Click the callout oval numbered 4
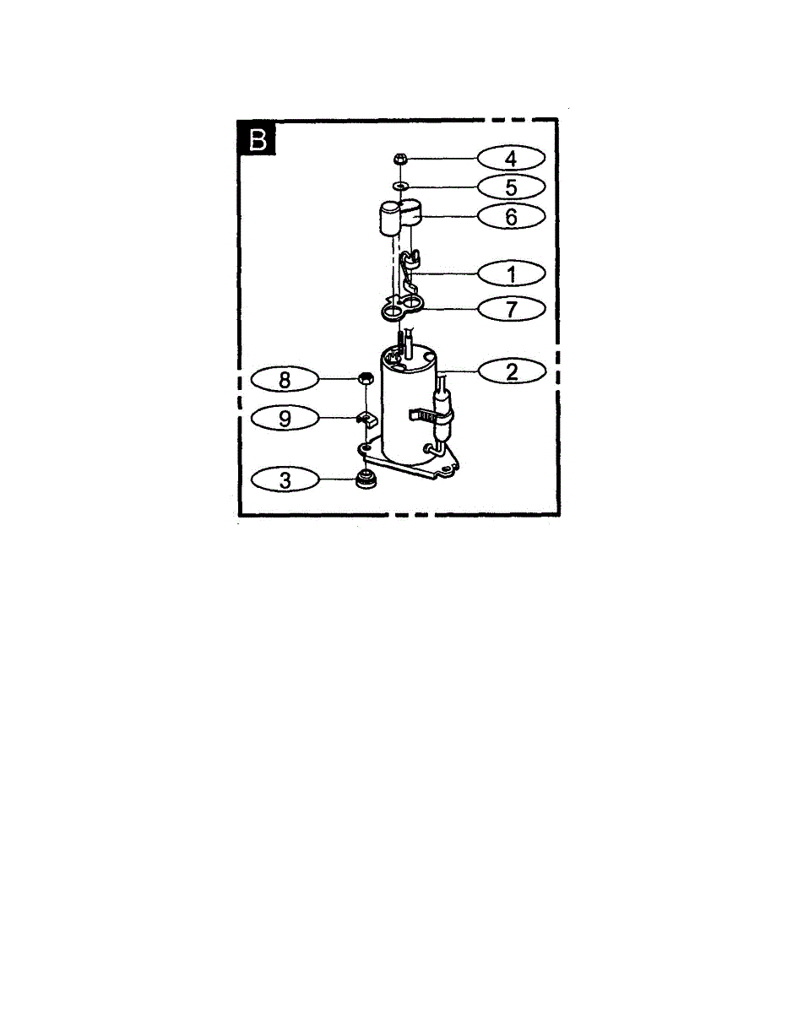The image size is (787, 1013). tap(511, 158)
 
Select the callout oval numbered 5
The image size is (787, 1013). tap(511, 187)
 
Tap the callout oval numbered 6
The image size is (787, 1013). tap(511, 216)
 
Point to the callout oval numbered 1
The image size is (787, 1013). tap(511, 274)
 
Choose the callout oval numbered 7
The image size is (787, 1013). tap(511, 309)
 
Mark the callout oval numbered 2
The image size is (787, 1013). tap(511, 371)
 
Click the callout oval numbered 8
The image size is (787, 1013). tap(285, 380)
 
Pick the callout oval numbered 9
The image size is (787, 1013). tap(285, 417)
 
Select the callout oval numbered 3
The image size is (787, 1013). tap(285, 480)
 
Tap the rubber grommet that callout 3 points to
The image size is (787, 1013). tap(366, 480)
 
